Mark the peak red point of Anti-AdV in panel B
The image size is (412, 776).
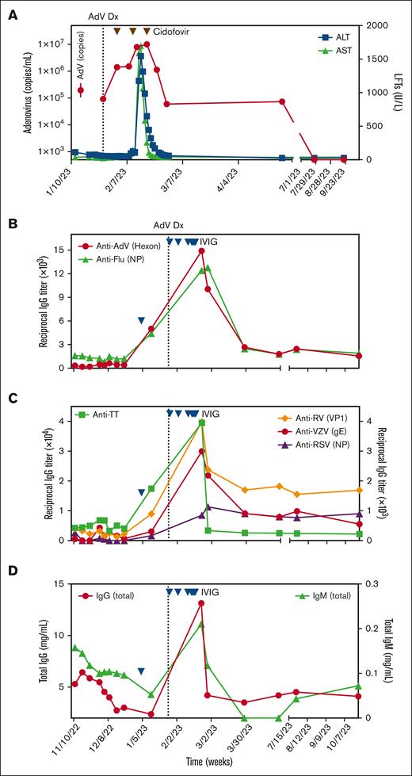pos(202,250)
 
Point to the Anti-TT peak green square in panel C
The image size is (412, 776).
pos(202,422)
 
